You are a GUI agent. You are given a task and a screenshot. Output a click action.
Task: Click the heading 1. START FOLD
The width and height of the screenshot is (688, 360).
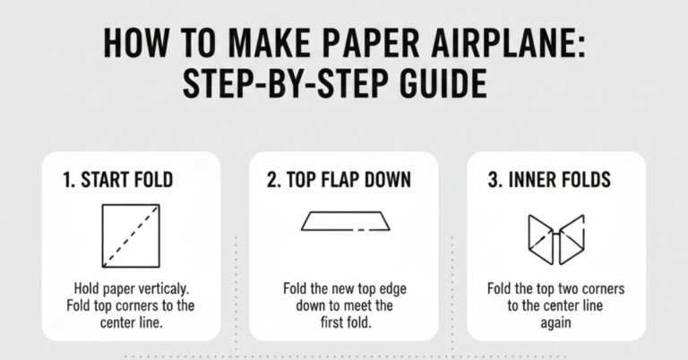tap(118, 180)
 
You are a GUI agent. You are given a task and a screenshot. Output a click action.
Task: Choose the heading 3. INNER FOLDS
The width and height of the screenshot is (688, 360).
tap(549, 180)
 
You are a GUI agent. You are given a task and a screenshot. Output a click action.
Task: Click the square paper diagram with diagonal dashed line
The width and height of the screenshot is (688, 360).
tap(130, 236)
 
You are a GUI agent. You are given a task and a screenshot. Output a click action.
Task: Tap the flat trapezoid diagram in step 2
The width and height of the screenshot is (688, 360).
tap(345, 220)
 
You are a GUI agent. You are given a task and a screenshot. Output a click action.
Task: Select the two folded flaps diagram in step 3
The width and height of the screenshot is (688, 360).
tap(555, 239)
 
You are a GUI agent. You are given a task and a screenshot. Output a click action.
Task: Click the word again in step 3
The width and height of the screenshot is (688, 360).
tap(555, 322)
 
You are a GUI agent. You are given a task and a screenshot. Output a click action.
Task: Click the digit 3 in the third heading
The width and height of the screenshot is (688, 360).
tap(493, 180)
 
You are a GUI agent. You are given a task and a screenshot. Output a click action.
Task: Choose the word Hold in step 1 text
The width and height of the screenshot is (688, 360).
tap(90, 290)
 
